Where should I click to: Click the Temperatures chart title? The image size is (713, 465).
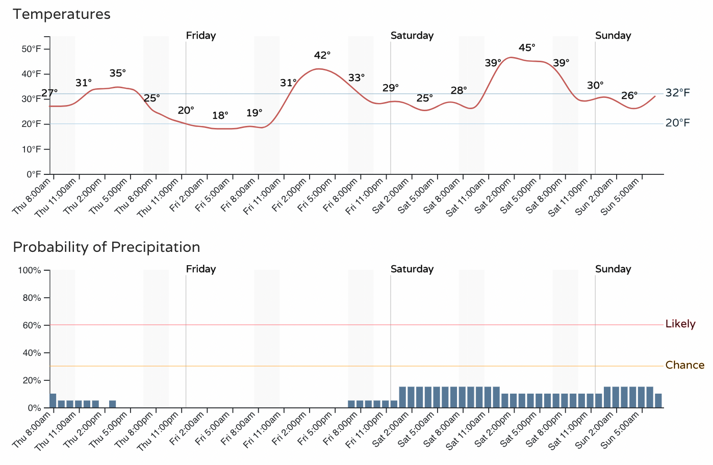click(62, 14)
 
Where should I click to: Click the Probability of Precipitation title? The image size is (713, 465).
click(106, 247)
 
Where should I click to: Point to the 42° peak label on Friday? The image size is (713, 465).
click(322, 55)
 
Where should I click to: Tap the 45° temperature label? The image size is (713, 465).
click(527, 48)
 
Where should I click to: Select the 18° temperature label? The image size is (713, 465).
click(220, 116)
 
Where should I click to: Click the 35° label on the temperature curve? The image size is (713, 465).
click(117, 73)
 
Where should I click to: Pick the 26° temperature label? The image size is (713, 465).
click(629, 96)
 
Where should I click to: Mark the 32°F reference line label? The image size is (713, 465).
click(677, 93)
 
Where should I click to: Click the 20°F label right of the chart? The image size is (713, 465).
click(677, 123)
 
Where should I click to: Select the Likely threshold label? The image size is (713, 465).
click(680, 324)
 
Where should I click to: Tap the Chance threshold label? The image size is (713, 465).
click(684, 366)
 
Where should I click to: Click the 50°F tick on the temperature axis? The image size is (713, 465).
click(31, 49)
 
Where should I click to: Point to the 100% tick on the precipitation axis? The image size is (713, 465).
click(30, 270)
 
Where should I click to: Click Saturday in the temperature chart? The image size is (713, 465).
click(412, 36)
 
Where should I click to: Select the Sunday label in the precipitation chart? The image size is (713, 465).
click(613, 269)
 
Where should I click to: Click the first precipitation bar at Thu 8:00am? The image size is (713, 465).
click(53, 401)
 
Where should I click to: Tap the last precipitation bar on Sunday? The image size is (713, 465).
click(658, 401)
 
